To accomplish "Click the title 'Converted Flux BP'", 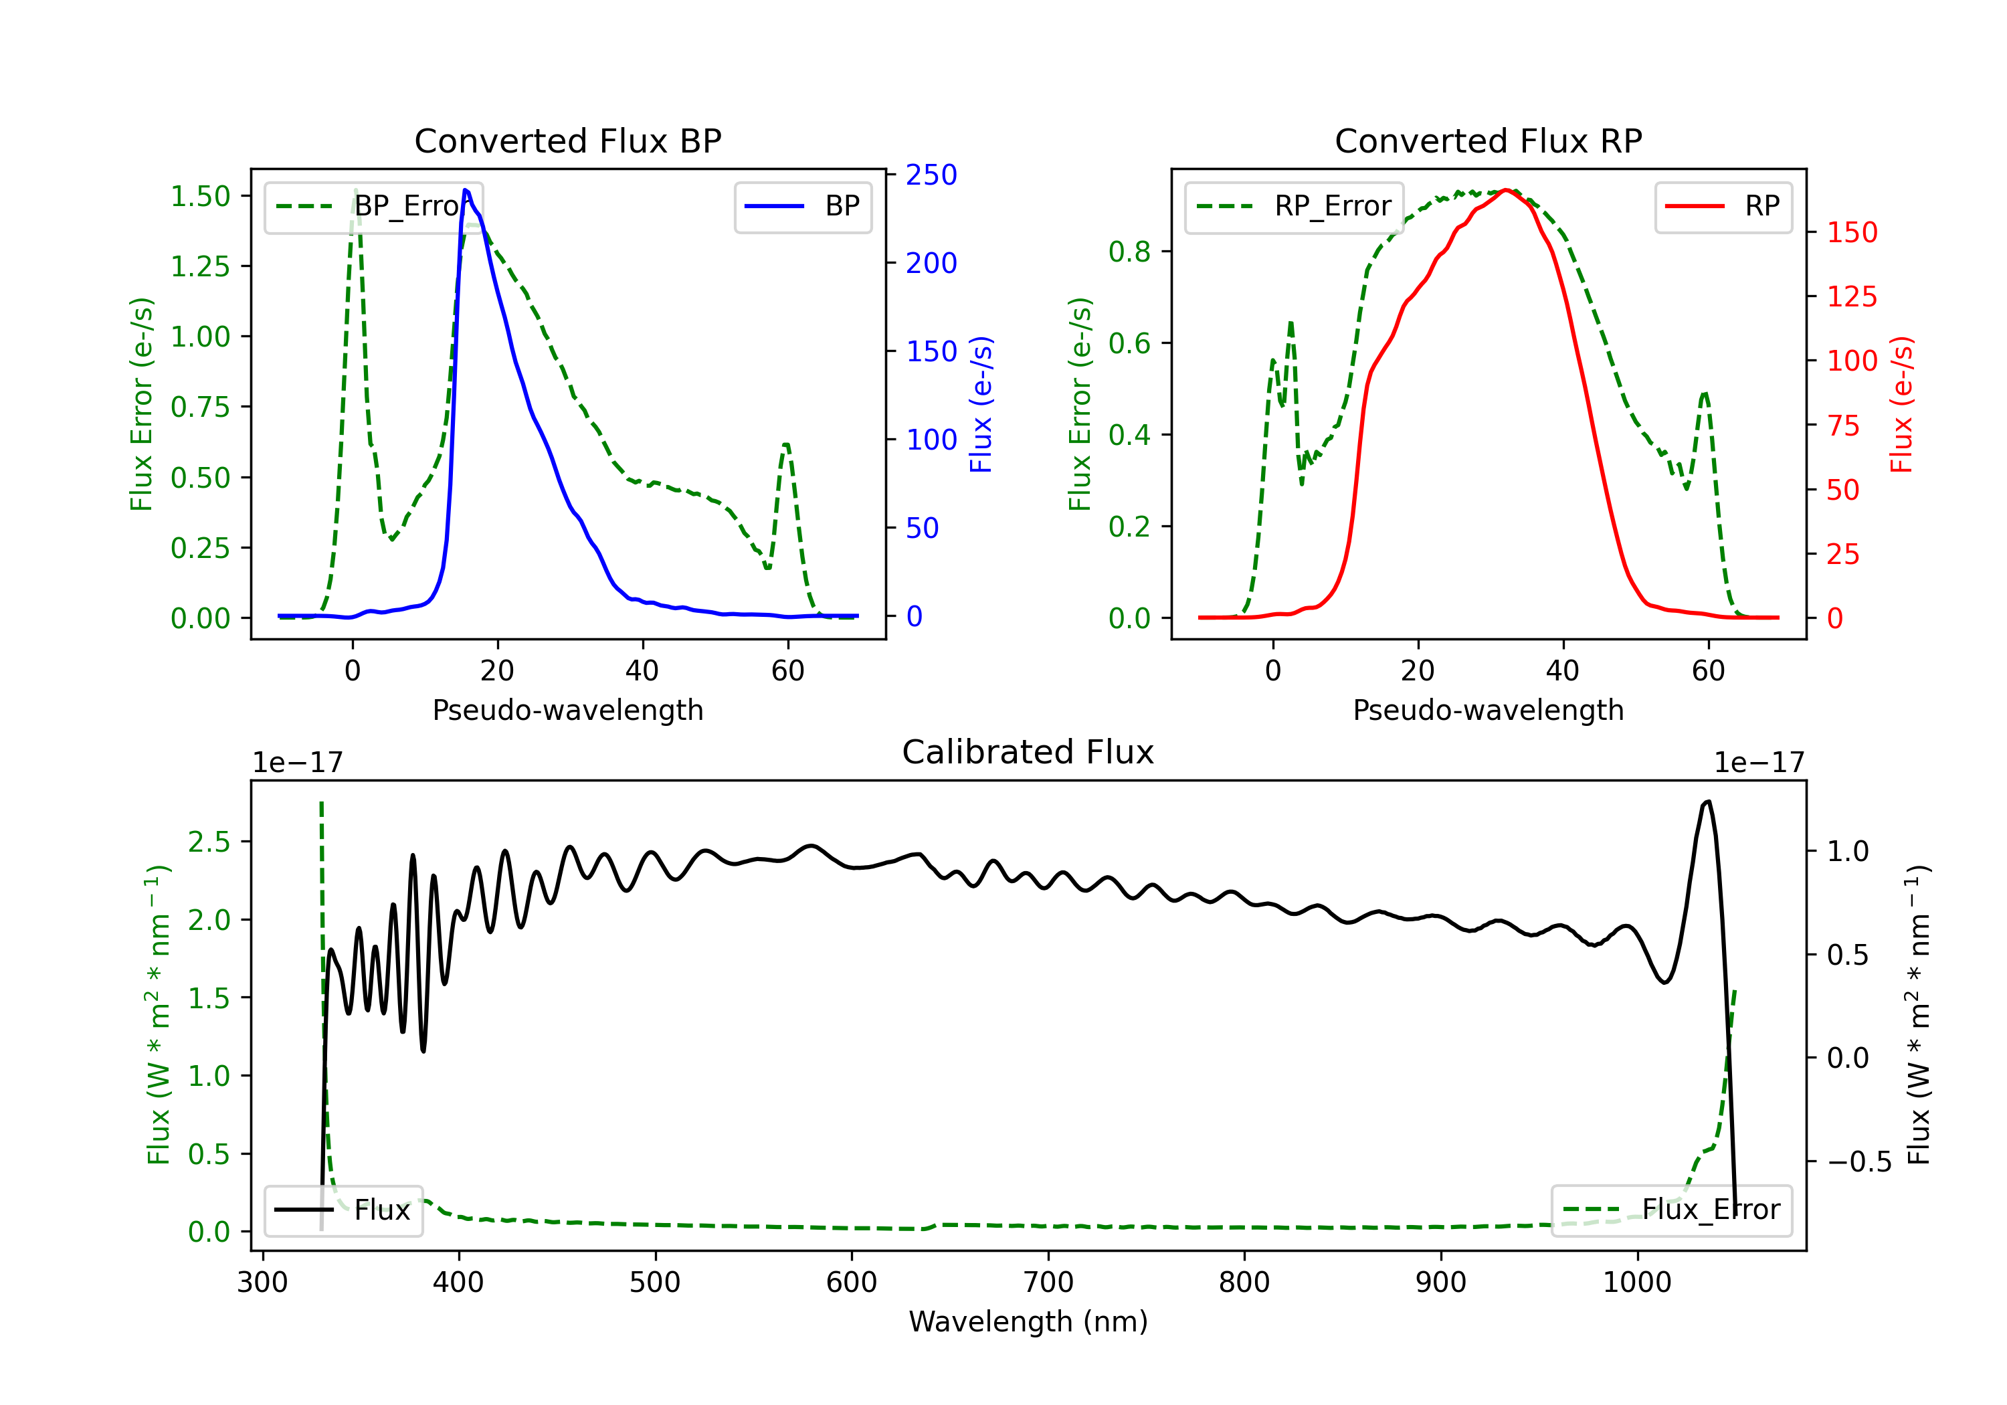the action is click(x=568, y=140).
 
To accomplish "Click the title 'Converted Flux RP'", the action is click(x=1489, y=140).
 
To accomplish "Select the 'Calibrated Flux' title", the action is click(x=1028, y=752).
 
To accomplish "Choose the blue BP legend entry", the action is click(x=802, y=206).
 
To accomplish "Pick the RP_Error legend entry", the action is click(x=1294, y=206).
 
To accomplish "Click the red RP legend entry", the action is click(x=1723, y=206).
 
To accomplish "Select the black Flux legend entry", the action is click(x=343, y=1210).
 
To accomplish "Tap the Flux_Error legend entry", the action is click(x=1671, y=1210).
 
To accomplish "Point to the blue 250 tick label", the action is click(x=931, y=175).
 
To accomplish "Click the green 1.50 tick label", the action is click(x=200, y=196).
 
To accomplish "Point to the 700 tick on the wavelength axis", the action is click(x=1048, y=1283).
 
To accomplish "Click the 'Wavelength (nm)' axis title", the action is click(x=1028, y=1322).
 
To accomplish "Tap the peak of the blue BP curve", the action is click(x=465, y=190).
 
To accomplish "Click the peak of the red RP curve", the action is click(x=1505, y=190).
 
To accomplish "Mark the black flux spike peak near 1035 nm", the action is click(x=1708, y=801).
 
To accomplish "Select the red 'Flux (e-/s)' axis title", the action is click(x=1901, y=404).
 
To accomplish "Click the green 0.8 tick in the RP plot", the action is click(x=1129, y=252).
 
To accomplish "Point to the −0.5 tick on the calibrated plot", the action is click(x=1859, y=1162).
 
